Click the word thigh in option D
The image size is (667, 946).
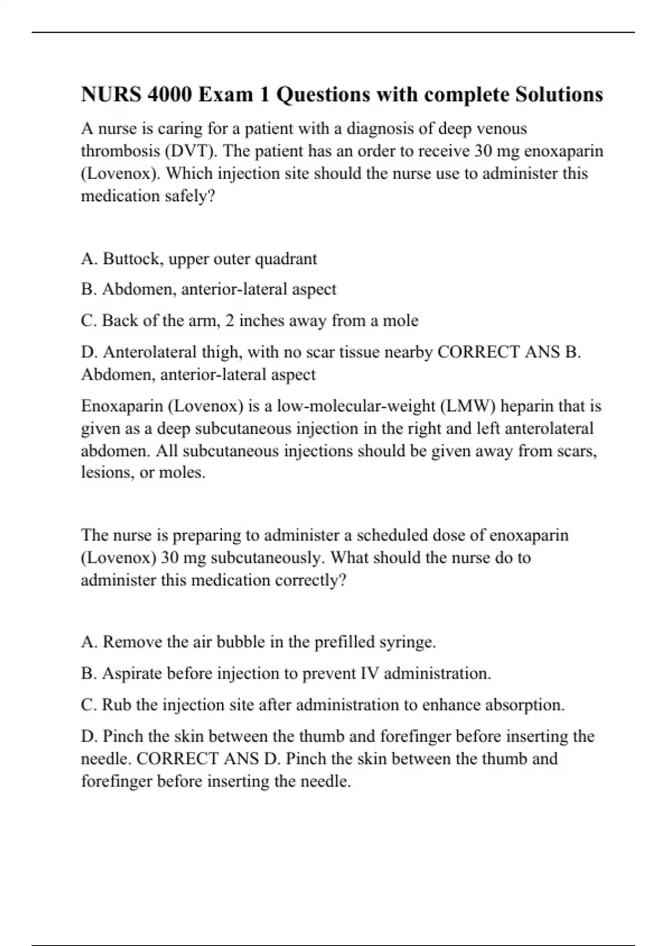[222, 352]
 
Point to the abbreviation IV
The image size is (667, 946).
[369, 673]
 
